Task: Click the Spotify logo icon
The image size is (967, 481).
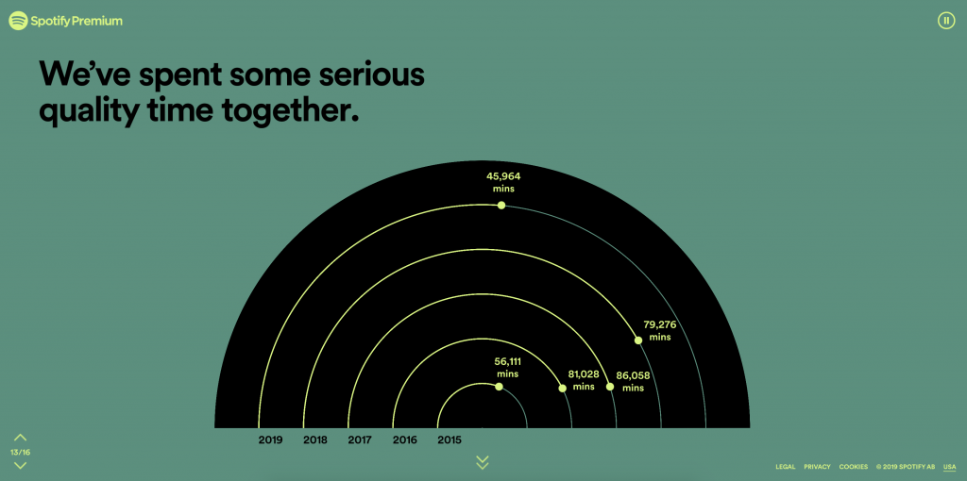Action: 19,21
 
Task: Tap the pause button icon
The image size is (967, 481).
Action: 946,21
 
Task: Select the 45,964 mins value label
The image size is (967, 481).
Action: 503,182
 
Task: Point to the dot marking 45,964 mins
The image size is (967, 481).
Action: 501,205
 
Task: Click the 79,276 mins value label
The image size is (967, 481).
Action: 659,331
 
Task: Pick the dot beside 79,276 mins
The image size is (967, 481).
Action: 638,340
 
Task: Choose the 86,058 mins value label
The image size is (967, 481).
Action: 633,381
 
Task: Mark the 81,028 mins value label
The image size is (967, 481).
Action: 584,380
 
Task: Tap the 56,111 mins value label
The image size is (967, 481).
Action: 508,368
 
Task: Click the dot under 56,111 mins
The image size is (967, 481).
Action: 499,387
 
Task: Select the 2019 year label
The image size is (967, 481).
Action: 271,440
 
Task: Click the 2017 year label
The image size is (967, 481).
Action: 360,440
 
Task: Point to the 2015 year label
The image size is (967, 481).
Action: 450,440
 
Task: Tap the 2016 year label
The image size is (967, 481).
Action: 404,440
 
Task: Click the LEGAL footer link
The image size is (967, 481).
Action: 785,467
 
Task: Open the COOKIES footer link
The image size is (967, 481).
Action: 854,467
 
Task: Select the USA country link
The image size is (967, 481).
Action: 949,467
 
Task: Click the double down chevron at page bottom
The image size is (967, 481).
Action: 483,462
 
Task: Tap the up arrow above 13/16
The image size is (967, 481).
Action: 21,438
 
